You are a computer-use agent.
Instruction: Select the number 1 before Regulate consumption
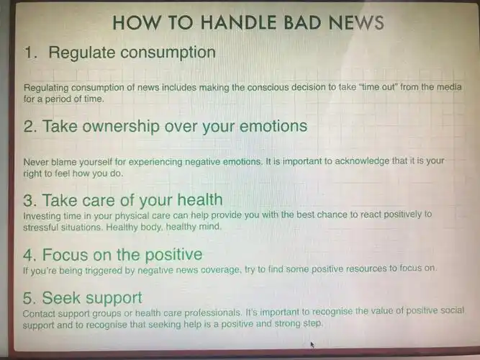(x=29, y=53)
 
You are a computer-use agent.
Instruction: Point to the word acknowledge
(x=356, y=161)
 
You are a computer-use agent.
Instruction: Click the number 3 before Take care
(x=29, y=199)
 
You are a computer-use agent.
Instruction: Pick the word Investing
(x=43, y=215)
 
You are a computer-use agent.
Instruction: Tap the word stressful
(x=43, y=227)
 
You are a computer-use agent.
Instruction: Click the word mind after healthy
(x=208, y=227)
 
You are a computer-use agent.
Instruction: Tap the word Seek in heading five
(x=60, y=297)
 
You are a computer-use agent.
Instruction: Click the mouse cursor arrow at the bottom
(x=312, y=344)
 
